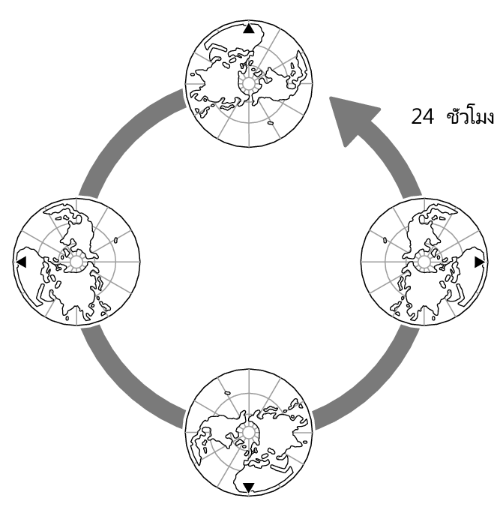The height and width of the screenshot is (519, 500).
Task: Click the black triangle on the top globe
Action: point(249,29)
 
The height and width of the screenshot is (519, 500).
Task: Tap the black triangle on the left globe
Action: point(21,262)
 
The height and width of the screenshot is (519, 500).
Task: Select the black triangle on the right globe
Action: point(479,261)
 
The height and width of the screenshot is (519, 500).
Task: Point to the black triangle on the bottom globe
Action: point(248,487)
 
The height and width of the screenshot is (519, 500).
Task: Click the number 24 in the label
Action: point(423,117)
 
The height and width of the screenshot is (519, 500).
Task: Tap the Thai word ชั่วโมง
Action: point(470,116)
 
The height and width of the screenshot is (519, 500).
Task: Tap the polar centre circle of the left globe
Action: point(76,262)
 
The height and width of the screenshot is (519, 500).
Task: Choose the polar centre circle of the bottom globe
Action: point(248,432)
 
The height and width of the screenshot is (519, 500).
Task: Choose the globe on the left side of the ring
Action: point(76,262)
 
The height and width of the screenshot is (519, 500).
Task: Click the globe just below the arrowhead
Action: point(424,262)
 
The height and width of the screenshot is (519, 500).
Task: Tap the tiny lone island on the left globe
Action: point(118,241)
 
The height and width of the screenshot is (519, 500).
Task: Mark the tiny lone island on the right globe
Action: point(383,241)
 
